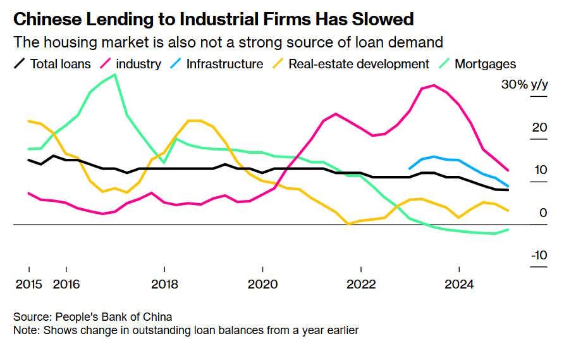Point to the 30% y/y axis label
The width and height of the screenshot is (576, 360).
point(524,85)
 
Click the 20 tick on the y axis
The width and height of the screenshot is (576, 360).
point(539,128)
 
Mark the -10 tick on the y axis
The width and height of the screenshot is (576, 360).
point(538,256)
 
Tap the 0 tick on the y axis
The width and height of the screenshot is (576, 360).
point(542,213)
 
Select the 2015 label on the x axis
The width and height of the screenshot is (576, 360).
point(28,285)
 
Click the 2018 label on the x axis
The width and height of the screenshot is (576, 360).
point(164,285)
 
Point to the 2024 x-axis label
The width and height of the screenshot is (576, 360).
point(459,285)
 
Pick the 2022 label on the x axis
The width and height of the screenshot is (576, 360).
point(361,285)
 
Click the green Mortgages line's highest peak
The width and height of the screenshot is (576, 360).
point(114,75)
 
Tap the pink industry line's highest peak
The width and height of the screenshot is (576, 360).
point(434,85)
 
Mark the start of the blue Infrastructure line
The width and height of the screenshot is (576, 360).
point(410,169)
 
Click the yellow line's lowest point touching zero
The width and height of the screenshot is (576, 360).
point(348,223)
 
